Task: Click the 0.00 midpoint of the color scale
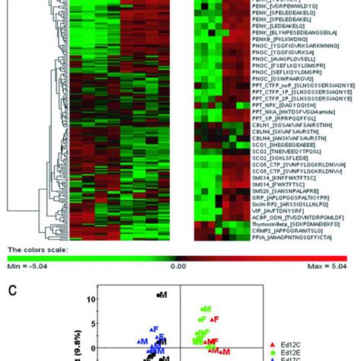[177, 267]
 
